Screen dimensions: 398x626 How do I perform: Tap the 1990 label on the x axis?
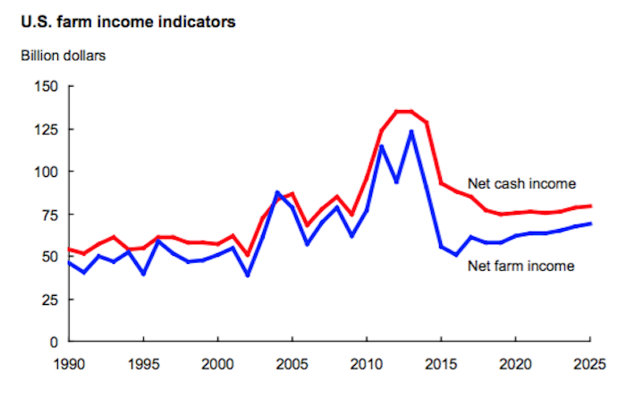click(x=70, y=367)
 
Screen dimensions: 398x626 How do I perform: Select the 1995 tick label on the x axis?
click(x=144, y=367)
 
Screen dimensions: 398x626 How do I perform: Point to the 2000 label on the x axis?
click(x=218, y=367)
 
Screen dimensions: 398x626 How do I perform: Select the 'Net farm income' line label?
click(x=520, y=266)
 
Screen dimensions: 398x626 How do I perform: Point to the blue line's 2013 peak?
click(x=411, y=131)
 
